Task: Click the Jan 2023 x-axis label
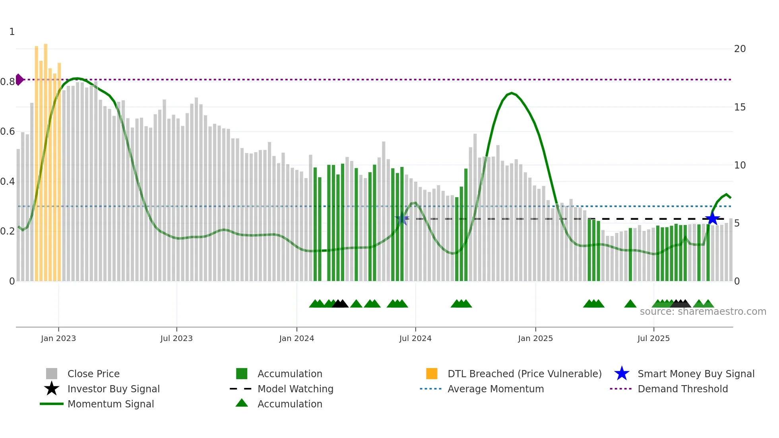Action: [58, 338]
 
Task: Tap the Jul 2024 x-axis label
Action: [415, 338]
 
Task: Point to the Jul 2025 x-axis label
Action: [653, 338]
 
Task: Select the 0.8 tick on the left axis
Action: [8, 82]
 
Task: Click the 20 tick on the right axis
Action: [740, 49]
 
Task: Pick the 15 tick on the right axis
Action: [740, 107]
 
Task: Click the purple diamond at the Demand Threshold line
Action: [19, 79]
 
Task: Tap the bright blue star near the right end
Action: [712, 219]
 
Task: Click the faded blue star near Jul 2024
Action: [402, 219]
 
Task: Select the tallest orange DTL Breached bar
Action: [46, 159]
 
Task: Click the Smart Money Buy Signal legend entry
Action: [684, 374]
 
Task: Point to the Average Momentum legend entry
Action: [482, 389]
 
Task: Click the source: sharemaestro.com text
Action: [703, 312]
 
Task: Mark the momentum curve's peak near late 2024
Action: [512, 93]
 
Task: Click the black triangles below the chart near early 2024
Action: [340, 304]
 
